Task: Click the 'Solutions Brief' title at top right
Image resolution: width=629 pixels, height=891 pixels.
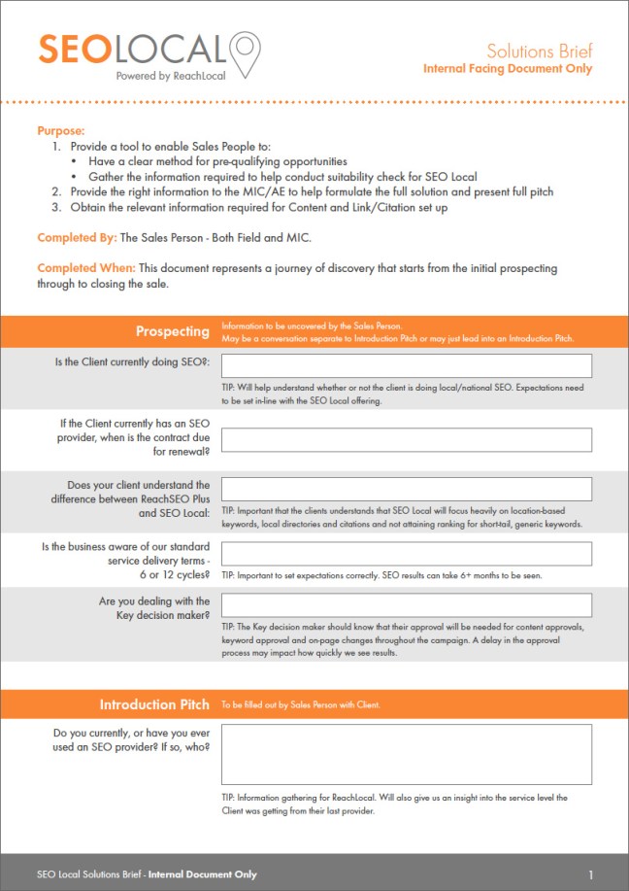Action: pyautogui.click(x=539, y=51)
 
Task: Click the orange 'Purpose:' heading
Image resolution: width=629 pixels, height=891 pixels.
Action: pyautogui.click(x=61, y=130)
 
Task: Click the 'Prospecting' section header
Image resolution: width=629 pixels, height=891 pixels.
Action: pyautogui.click(x=172, y=331)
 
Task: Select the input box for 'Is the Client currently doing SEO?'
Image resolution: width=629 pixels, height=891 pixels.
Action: pyautogui.click(x=407, y=365)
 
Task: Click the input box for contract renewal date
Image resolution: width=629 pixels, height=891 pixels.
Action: pyautogui.click(x=407, y=439)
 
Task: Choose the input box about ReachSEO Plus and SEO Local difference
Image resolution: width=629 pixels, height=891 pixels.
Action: pyautogui.click(x=407, y=489)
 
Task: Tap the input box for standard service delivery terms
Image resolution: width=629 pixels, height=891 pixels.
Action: pyautogui.click(x=407, y=554)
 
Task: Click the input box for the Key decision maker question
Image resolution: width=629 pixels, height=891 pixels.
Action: pyautogui.click(x=407, y=605)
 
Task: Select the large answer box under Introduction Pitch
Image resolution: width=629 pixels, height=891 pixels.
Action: pyautogui.click(x=407, y=754)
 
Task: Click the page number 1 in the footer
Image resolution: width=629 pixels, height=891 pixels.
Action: pyautogui.click(x=590, y=874)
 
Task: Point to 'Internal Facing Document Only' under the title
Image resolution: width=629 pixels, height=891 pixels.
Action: pyautogui.click(x=507, y=69)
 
